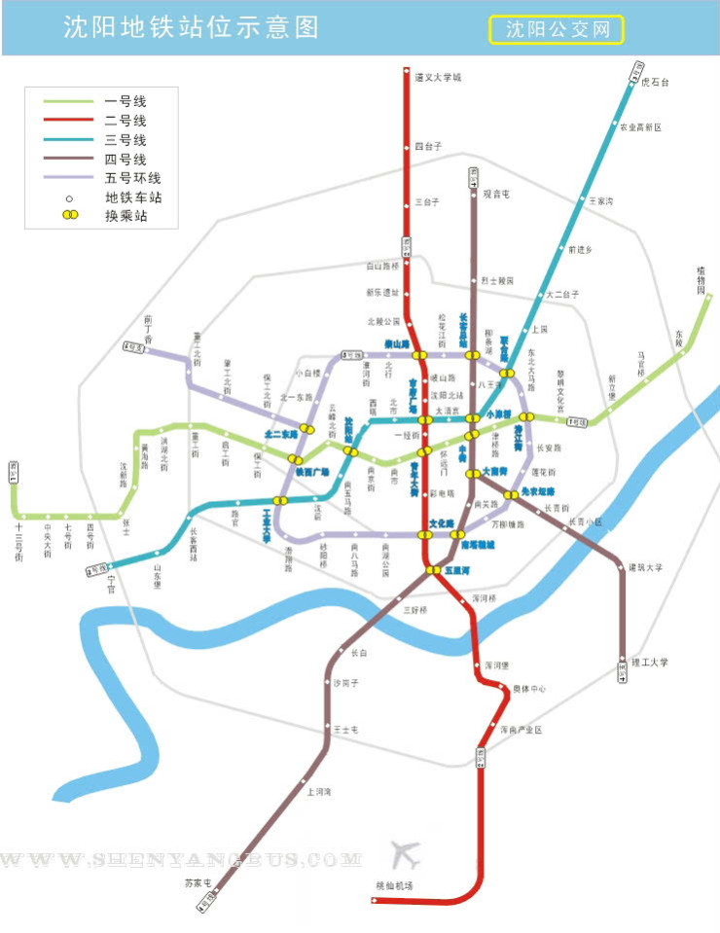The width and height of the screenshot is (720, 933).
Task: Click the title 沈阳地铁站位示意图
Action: tap(191, 27)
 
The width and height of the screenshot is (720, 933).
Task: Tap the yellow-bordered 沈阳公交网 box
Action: tap(556, 29)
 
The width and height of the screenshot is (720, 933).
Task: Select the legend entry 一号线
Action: tap(125, 100)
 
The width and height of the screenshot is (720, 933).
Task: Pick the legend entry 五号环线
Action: tap(132, 178)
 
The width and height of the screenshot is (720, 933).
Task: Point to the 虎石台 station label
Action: tap(656, 83)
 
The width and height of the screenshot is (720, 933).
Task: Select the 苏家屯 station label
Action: tap(197, 882)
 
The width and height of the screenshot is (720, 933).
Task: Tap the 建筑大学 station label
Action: tap(643, 567)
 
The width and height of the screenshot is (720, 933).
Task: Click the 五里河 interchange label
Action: tap(457, 570)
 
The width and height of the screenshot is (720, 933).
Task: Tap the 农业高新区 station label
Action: tap(640, 127)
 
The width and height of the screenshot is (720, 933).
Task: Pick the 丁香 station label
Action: tap(149, 320)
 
